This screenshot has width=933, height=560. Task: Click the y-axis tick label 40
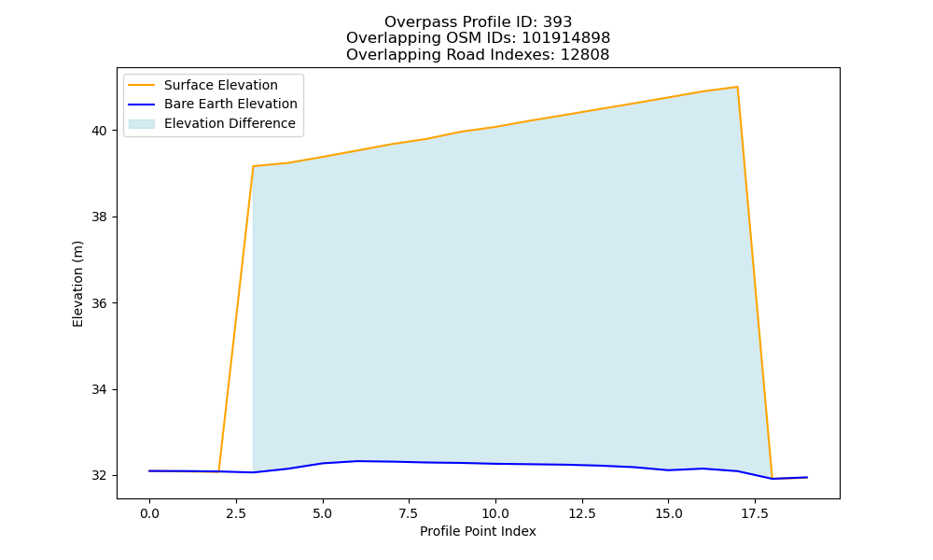tap(100, 131)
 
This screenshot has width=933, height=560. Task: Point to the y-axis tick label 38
tap(100, 217)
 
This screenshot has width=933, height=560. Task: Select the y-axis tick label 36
tap(100, 303)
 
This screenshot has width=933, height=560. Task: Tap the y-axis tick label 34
tap(100, 390)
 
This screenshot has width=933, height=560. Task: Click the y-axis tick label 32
tap(100, 476)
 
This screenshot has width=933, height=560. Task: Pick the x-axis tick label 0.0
tap(149, 513)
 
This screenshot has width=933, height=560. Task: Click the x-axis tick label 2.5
tap(236, 513)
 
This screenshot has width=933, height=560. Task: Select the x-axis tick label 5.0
tap(323, 513)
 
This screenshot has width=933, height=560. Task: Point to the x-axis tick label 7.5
tap(409, 513)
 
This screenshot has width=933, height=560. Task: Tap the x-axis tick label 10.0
tap(495, 513)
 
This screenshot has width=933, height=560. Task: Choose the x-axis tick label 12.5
tap(582, 513)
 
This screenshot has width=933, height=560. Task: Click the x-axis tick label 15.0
tap(668, 513)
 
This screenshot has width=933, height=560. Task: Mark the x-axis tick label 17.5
tap(755, 513)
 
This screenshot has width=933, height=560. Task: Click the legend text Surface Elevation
tap(221, 85)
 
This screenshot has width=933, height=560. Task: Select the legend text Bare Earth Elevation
tap(230, 104)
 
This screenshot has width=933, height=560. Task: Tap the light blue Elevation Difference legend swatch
tap(142, 124)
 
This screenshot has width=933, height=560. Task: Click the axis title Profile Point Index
tap(478, 531)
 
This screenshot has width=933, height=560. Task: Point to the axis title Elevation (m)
tap(77, 284)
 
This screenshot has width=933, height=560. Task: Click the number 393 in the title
tap(557, 22)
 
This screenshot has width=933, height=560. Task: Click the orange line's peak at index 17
tap(737, 87)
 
